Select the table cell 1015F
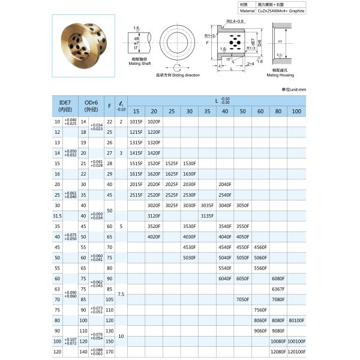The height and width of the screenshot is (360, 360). [136, 121]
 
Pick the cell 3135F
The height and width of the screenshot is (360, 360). [207, 215]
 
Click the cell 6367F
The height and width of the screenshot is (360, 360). [277, 289]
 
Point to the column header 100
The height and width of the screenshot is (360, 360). [296, 112]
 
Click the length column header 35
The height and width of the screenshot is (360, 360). [207, 112]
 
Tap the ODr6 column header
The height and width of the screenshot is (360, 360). [92, 106]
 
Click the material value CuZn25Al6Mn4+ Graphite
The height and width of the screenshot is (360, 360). [280, 11]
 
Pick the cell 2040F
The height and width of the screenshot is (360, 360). [225, 184]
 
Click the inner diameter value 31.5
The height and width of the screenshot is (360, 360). [58, 215]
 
